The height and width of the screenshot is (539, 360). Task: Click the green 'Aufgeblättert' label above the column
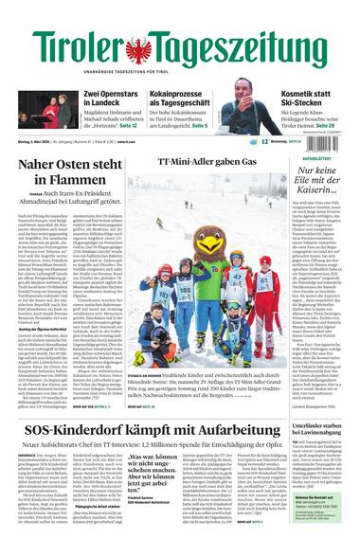click(x=319, y=159)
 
